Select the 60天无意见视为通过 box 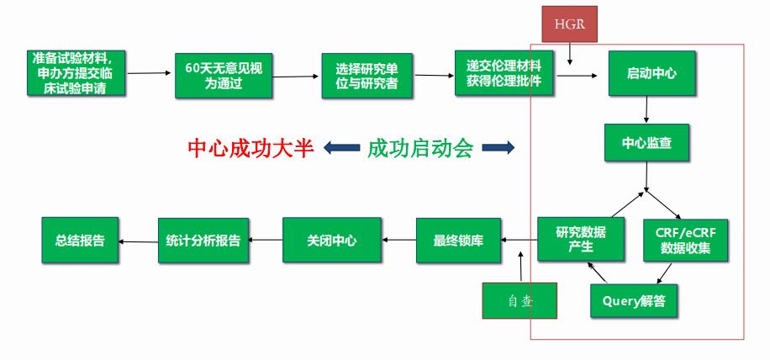coord(223,76)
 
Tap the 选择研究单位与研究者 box coord(367,76)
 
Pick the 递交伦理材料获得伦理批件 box coord(504,74)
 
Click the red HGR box coord(569,24)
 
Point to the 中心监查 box coord(646,143)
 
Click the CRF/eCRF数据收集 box coord(684,239)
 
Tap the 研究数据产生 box coord(580,239)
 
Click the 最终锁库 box coord(457,241)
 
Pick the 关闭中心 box coord(331,241)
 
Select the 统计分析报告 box coord(203,241)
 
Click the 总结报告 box coord(79,241)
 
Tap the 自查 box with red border coord(519,300)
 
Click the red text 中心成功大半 coord(251,149)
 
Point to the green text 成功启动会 coord(419,149)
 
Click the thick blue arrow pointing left coord(340,149)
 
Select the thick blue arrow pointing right coord(498,149)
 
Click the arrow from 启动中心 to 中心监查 coord(646,111)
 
